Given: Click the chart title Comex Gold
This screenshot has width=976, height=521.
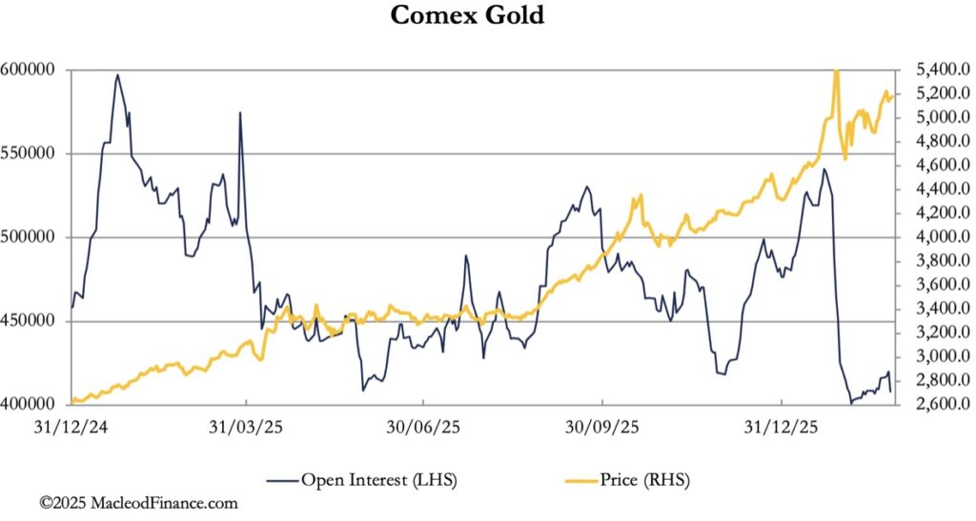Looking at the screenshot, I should point(468,16).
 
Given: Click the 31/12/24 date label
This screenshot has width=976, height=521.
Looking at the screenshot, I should point(69,427).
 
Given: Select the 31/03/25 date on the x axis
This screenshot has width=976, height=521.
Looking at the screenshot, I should point(246,427).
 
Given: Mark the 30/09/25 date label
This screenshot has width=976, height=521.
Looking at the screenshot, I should point(602,427).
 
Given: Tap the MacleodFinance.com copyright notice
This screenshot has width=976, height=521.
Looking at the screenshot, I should point(138,503).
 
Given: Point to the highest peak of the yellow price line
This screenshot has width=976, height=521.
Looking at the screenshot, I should point(836,70).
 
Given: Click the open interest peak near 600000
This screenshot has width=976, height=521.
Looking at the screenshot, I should point(117,75).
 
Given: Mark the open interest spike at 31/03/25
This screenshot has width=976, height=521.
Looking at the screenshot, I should point(240,113).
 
